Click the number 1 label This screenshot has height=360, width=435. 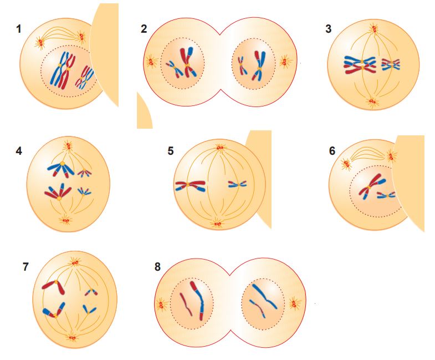(19, 29)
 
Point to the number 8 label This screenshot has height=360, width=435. (158, 267)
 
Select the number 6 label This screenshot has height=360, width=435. (332, 150)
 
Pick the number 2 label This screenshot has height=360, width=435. (144, 29)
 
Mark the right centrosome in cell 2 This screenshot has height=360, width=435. (286, 61)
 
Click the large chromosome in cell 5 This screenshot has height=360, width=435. (191, 186)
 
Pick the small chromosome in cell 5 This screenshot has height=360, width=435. (237, 184)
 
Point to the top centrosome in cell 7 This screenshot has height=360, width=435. (75, 261)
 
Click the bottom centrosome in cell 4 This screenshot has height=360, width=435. (65, 221)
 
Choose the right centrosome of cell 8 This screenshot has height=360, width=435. (294, 303)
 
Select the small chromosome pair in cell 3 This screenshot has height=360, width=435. (391, 64)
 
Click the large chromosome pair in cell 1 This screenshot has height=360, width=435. (63, 70)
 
